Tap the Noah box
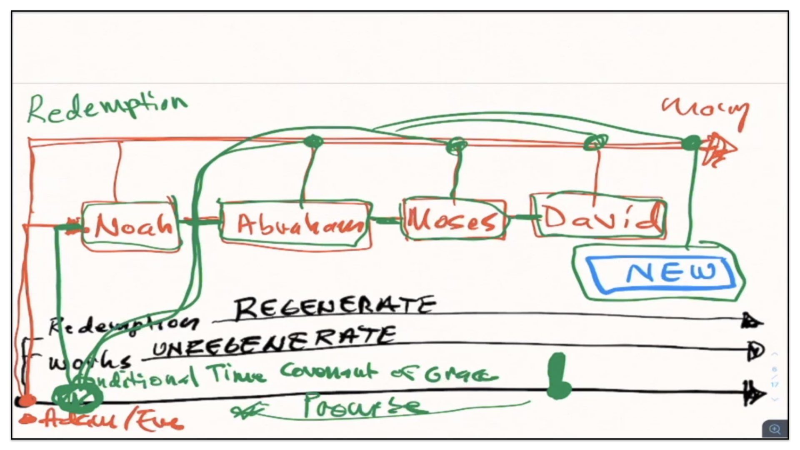[132, 226]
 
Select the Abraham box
[296, 225]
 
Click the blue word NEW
[671, 272]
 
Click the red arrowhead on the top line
[719, 149]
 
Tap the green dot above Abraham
[313, 142]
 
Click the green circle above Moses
[457, 146]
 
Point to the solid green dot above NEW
[692, 143]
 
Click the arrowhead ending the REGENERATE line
[752, 321]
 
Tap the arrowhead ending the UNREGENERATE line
[755, 351]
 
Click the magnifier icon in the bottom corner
[775, 429]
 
